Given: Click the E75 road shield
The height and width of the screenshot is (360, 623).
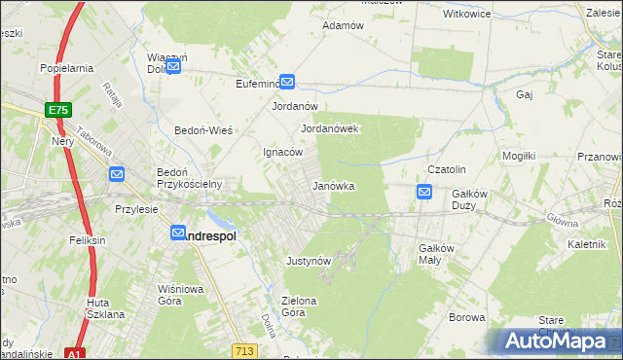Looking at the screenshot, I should pyautogui.click(x=57, y=111).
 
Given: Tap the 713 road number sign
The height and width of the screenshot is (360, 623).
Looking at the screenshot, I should pyautogui.click(x=244, y=348).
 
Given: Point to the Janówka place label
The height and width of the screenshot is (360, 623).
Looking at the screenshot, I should pyautogui.click(x=332, y=186).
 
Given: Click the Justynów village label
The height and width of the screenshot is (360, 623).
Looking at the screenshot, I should pyautogui.click(x=310, y=261).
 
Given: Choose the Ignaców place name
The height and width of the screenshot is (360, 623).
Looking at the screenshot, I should pyautogui.click(x=284, y=153).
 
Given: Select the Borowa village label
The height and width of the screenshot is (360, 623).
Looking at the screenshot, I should pyautogui.click(x=466, y=317).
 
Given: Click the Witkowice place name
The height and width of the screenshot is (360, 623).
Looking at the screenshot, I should pyautogui.click(x=466, y=15).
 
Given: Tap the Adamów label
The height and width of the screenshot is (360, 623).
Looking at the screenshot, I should pyautogui.click(x=342, y=25).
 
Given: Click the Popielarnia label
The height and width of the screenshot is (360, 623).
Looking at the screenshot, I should pyautogui.click(x=66, y=68).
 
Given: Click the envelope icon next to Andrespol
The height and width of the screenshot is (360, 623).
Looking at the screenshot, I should pyautogui.click(x=178, y=234).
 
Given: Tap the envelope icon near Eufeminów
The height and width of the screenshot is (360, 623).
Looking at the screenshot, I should pyautogui.click(x=287, y=83).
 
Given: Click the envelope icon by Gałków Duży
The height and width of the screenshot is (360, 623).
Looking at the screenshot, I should pyautogui.click(x=424, y=193).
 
